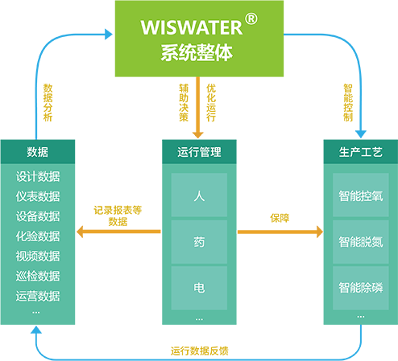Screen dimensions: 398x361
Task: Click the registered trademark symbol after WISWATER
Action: click(x=251, y=18)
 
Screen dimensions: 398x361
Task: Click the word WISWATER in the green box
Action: click(x=192, y=27)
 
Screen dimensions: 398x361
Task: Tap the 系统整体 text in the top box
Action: click(x=197, y=53)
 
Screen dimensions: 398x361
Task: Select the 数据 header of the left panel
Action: click(x=38, y=152)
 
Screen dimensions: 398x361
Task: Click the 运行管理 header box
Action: click(x=199, y=152)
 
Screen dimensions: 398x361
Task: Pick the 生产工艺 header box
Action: click(x=361, y=152)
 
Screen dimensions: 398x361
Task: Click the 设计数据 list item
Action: click(x=38, y=177)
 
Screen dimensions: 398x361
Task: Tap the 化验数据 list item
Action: click(x=38, y=236)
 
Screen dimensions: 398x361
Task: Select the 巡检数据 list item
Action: click(x=38, y=276)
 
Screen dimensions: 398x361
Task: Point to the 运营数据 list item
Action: click(x=38, y=296)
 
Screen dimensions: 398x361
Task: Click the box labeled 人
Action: click(x=199, y=195)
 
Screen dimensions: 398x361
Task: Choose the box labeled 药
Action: click(x=199, y=242)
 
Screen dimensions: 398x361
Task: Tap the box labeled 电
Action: click(x=199, y=288)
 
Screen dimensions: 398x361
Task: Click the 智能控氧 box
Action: click(x=361, y=195)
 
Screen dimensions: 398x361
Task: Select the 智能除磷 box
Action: click(x=361, y=288)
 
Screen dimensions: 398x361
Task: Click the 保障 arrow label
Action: click(x=280, y=218)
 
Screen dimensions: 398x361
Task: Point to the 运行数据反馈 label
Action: click(x=199, y=351)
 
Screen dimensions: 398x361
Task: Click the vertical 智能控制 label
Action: click(x=348, y=103)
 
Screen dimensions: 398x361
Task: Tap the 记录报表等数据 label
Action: click(x=118, y=215)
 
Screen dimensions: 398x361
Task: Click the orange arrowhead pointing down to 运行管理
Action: click(x=198, y=135)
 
